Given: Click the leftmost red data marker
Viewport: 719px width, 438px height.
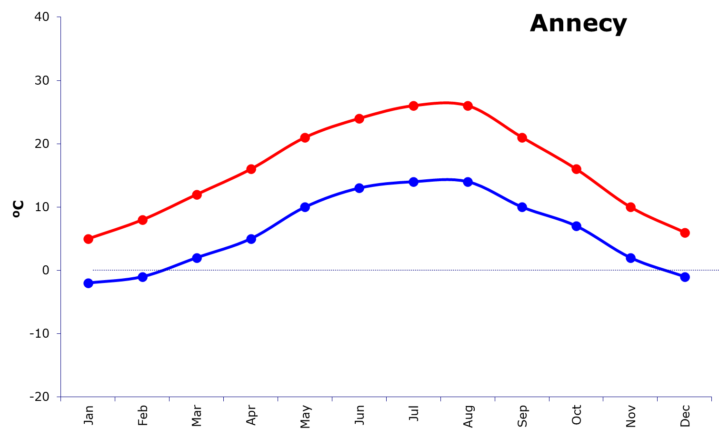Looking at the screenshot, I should pyautogui.click(x=88, y=239).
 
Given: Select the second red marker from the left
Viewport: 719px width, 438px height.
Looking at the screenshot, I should pyautogui.click(x=142, y=220).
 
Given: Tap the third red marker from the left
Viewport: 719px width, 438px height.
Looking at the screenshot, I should pyautogui.click(x=197, y=195).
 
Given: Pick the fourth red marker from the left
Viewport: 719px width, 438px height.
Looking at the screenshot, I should pyautogui.click(x=251, y=169).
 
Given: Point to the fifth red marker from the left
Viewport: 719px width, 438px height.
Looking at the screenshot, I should pyautogui.click(x=305, y=137).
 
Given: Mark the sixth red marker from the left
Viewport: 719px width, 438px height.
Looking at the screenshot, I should pyautogui.click(x=359, y=118).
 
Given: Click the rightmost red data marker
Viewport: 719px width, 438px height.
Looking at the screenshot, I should pyautogui.click(x=685, y=233).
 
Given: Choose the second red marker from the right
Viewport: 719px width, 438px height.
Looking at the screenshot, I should pyautogui.click(x=630, y=207).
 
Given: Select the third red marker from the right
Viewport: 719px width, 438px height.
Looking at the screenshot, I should pyautogui.click(x=576, y=169).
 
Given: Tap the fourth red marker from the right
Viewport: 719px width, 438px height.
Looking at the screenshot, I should pyautogui.click(x=522, y=137).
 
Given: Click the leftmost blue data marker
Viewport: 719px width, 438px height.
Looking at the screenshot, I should pyautogui.click(x=88, y=283).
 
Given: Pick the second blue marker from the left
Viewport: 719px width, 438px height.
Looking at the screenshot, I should pyautogui.click(x=142, y=277).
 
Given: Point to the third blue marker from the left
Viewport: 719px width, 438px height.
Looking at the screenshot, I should pyautogui.click(x=197, y=258).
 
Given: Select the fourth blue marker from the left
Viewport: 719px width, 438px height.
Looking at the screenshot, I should pyautogui.click(x=251, y=239).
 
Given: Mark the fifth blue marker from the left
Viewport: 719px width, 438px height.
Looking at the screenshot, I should pyautogui.click(x=305, y=207).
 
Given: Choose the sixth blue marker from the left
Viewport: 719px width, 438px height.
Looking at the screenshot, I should pyautogui.click(x=359, y=188).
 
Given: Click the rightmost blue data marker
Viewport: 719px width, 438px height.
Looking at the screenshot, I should pyautogui.click(x=685, y=277).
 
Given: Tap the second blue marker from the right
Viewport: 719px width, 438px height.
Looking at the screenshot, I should pyautogui.click(x=630, y=258).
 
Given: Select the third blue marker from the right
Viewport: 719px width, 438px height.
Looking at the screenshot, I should pyautogui.click(x=576, y=226).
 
